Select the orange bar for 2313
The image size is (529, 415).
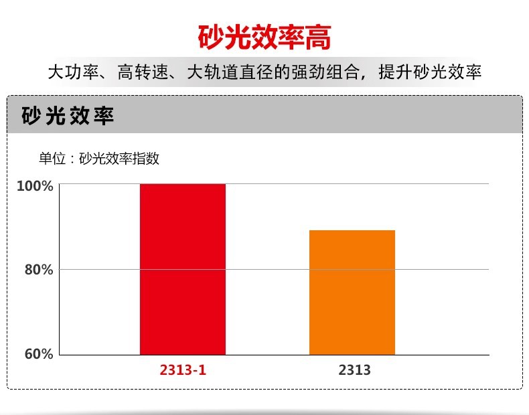[352, 293]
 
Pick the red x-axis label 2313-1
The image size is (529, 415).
[183, 369]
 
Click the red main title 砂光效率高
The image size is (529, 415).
[264, 37]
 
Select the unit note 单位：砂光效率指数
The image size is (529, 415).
[99, 159]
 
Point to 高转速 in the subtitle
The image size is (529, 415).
[139, 72]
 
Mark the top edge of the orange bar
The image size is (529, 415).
[352, 231]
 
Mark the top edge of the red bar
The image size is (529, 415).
[182, 184]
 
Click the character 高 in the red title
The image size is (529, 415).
[318, 37]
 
